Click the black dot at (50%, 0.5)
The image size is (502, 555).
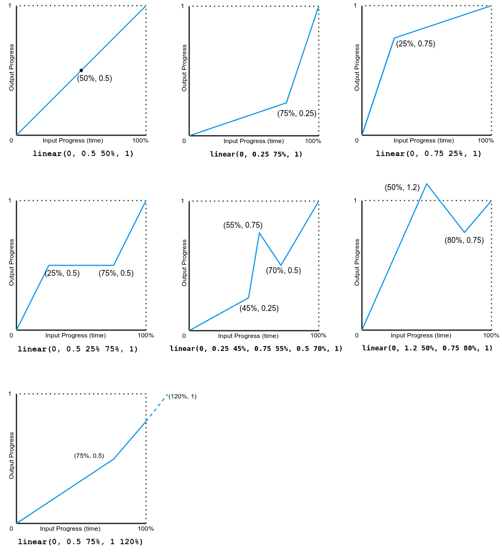(x=81, y=70)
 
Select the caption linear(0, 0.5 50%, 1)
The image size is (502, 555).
(x=83, y=154)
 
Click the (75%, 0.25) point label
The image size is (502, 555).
(x=297, y=113)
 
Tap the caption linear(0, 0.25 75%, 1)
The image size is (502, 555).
(x=256, y=154)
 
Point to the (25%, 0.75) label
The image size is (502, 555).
(x=416, y=44)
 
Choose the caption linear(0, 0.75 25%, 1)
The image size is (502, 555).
(x=429, y=154)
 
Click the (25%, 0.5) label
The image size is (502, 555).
(x=62, y=273)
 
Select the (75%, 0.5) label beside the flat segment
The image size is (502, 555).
(x=116, y=273)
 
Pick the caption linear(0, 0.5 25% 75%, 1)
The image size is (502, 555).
(x=78, y=349)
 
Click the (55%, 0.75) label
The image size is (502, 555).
(x=243, y=225)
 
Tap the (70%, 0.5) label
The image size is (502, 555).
(x=283, y=270)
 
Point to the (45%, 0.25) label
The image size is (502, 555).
(x=259, y=308)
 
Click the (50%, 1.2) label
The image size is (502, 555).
(x=402, y=187)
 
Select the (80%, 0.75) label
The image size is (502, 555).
(x=464, y=240)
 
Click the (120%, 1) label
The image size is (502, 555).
(x=182, y=396)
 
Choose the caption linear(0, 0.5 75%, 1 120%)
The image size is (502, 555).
(x=80, y=542)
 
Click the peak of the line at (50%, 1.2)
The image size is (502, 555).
(x=426, y=184)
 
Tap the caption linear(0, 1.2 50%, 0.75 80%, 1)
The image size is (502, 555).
(x=428, y=348)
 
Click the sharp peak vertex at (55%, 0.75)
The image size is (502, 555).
(x=259, y=233)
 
